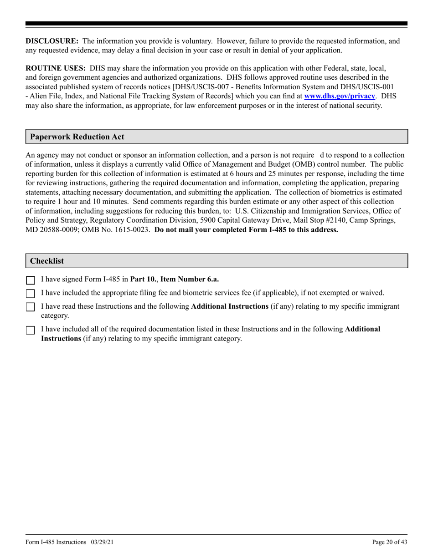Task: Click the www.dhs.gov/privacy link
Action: pos(340,96)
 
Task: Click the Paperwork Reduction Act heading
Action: pos(77,137)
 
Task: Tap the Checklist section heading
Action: pos(47,261)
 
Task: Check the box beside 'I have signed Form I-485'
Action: pos(31,280)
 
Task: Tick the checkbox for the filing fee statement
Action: pos(31,294)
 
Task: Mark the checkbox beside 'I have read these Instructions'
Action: pos(31,307)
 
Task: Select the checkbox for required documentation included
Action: pos(31,330)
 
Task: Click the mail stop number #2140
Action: pos(336,220)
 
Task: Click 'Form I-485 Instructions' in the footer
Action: pos(56,542)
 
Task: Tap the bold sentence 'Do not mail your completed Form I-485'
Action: pos(246,229)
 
